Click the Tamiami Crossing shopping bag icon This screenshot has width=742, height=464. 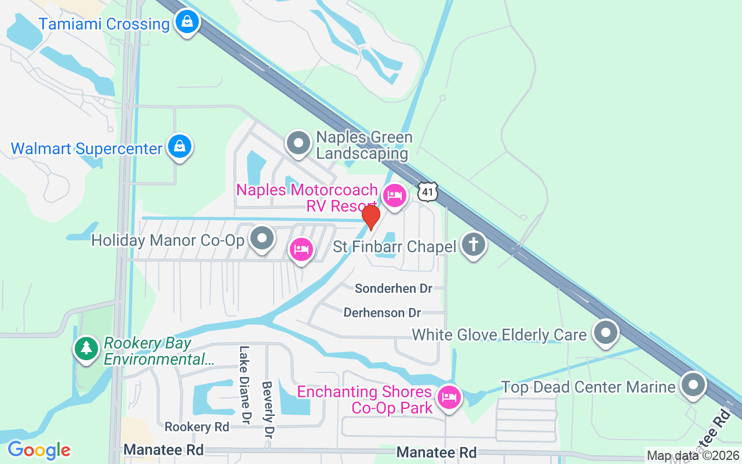pyautogui.click(x=187, y=23)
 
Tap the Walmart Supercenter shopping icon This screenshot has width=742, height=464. pyautogui.click(x=180, y=147)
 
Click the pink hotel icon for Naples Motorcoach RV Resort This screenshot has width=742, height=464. pyautogui.click(x=395, y=195)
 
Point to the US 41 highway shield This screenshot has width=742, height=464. pyautogui.click(x=427, y=192)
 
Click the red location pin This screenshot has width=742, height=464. pyautogui.click(x=370, y=217)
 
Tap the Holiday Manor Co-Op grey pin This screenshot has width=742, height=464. pyautogui.click(x=262, y=238)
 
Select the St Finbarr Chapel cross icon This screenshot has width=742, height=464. pyautogui.click(x=473, y=245)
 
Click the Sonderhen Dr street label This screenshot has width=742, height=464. pyautogui.click(x=394, y=288)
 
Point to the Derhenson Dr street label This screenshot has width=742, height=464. pyautogui.click(x=382, y=313)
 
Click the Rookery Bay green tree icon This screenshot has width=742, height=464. pyautogui.click(x=86, y=349)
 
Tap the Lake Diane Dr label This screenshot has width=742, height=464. pyautogui.click(x=245, y=384)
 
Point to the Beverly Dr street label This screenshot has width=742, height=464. pyautogui.click(x=268, y=409)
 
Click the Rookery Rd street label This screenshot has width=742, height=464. pyautogui.click(x=197, y=427)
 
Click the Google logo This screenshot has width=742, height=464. pyautogui.click(x=39, y=450)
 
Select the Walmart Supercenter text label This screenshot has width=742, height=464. pyautogui.click(x=87, y=148)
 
